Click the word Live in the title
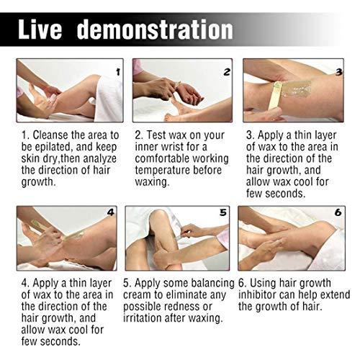(x=45, y=30)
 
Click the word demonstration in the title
(x=155, y=30)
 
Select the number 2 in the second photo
(x=227, y=71)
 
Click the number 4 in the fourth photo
(x=110, y=212)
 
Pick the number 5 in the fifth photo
(x=223, y=213)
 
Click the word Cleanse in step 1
(x=53, y=135)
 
